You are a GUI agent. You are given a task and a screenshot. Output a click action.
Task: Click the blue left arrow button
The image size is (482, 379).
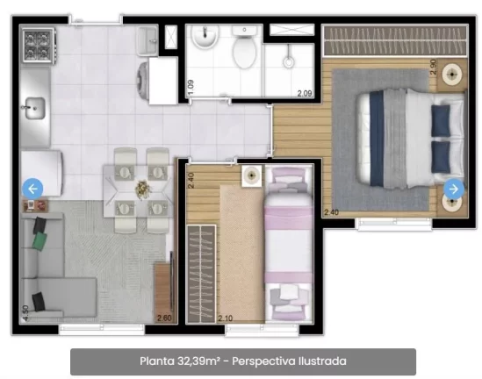(x=32, y=189)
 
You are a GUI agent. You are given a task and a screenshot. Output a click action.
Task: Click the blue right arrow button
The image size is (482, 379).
(x=454, y=189)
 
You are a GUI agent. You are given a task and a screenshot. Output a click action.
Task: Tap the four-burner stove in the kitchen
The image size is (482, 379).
(x=38, y=46)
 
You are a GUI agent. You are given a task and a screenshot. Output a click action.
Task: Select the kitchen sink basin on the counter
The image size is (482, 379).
(x=35, y=108)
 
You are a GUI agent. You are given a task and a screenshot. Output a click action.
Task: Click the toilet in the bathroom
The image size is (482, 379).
(x=245, y=46)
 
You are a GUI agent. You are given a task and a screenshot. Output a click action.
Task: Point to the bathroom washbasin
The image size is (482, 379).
(x=205, y=36)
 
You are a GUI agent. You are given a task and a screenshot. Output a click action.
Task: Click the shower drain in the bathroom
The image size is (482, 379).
(x=289, y=61)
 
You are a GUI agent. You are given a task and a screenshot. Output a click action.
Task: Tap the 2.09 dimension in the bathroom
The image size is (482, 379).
(x=305, y=93)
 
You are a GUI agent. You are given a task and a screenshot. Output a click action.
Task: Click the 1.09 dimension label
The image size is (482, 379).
(x=191, y=87)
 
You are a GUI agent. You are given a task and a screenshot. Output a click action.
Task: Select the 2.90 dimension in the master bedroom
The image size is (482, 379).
(x=433, y=67)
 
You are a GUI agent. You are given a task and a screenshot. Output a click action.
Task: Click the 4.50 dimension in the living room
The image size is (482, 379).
(x=25, y=313)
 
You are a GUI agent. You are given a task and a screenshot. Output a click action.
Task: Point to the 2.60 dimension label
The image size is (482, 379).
(x=164, y=318)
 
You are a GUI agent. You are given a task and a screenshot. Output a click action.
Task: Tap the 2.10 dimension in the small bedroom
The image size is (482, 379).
(x=226, y=318)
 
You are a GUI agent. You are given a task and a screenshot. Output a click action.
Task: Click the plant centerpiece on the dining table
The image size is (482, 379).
(x=143, y=188)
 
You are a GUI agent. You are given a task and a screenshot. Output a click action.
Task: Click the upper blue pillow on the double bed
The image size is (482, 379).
(x=441, y=121)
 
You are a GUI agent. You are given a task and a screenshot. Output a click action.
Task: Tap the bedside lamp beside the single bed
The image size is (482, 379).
(x=252, y=175)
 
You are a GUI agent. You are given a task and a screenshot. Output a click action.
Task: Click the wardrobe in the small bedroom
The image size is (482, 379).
(x=201, y=274)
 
